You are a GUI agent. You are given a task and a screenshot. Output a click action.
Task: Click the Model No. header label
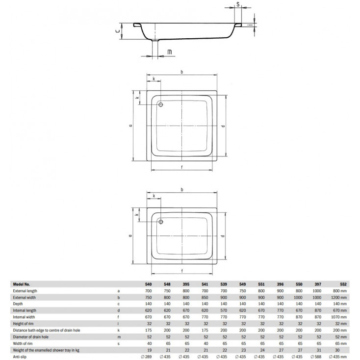coord(22,284)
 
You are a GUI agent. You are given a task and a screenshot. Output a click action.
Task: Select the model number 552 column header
coord(343,284)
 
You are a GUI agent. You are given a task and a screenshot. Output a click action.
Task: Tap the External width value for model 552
coord(338,298)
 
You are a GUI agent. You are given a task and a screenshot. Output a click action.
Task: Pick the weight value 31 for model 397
coord(318,350)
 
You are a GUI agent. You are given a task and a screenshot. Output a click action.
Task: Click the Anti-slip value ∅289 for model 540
coord(146,357)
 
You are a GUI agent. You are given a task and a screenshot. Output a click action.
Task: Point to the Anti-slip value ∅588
coord(316,357)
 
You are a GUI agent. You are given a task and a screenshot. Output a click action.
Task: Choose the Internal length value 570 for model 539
coord(224,310)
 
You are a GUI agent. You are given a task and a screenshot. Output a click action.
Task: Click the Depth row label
coord(18,304)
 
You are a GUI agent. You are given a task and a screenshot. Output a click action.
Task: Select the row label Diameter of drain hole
coord(30,337)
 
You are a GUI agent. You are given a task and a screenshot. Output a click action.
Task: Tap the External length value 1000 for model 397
coord(317,291)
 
